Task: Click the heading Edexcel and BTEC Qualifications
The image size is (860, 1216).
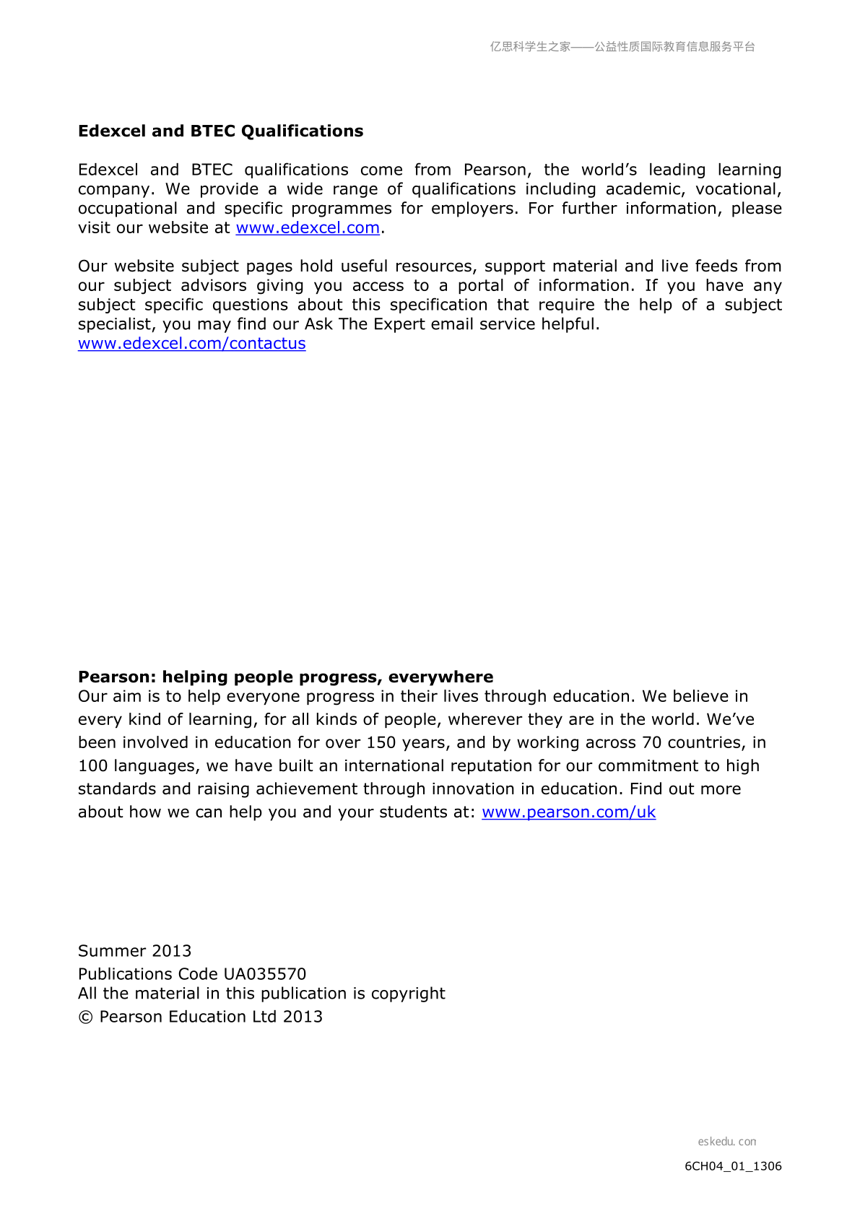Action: pyautogui.click(x=220, y=131)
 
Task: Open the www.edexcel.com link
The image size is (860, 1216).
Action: pyautogui.click(x=308, y=227)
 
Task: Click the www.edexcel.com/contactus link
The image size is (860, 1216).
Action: pyautogui.click(x=191, y=343)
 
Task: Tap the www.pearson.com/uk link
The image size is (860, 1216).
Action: pyautogui.click(x=568, y=812)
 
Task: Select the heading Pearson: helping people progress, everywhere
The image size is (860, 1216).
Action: pyautogui.click(x=285, y=677)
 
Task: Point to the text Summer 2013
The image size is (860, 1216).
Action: pyautogui.click(x=134, y=950)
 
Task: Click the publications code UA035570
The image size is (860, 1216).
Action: pyautogui.click(x=265, y=973)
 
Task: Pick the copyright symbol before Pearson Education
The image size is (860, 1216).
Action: pyautogui.click(x=86, y=1017)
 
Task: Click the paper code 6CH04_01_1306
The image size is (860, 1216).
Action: pyautogui.click(x=733, y=1165)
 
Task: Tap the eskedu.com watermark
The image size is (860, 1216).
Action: pyautogui.click(x=726, y=1141)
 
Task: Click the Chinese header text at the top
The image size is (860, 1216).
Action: pyautogui.click(x=622, y=46)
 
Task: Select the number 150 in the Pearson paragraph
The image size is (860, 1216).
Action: pyautogui.click(x=381, y=742)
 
